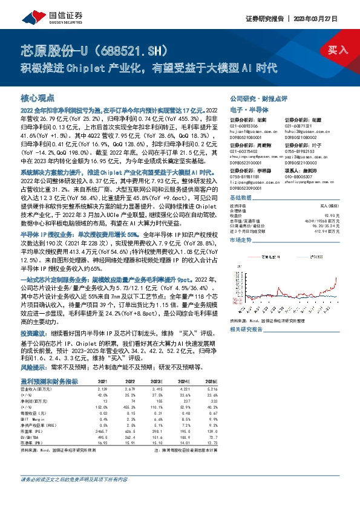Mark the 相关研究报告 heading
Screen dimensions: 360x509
click(246, 329)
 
